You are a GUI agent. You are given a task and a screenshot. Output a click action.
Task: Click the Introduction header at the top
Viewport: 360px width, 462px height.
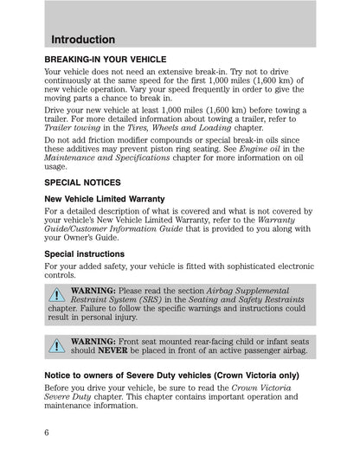click(84, 40)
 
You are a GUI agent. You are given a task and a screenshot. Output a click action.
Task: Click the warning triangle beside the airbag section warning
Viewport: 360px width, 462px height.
click(56, 298)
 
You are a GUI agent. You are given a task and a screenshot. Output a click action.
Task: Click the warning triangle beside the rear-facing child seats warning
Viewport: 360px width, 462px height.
click(56, 346)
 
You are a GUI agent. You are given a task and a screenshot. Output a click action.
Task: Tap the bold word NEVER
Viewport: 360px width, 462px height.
click(112, 352)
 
